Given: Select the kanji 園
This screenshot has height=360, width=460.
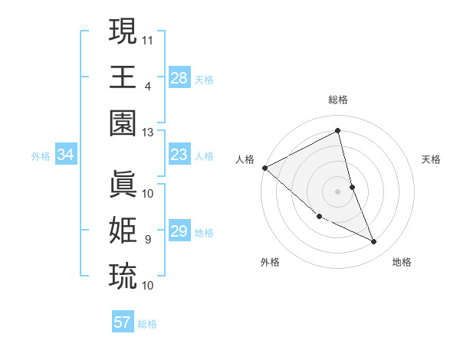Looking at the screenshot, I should (123, 123).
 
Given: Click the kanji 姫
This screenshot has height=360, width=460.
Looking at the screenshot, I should (123, 230).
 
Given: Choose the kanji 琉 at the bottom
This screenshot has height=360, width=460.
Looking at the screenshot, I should (123, 275).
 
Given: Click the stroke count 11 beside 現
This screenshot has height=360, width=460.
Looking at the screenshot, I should (148, 38).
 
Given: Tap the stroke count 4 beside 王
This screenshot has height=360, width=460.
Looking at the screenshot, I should (147, 86).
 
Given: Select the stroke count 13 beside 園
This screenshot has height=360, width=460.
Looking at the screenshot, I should (148, 133).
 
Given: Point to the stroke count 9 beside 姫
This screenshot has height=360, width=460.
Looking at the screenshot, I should (147, 240).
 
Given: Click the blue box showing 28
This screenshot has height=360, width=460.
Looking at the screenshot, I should (179, 77).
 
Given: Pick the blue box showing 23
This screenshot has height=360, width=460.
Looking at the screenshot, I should (179, 155).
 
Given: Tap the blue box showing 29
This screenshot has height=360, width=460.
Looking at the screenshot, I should (179, 231).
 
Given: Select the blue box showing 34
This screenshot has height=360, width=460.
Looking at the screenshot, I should (66, 155).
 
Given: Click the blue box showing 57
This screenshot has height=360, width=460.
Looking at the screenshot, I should (123, 322).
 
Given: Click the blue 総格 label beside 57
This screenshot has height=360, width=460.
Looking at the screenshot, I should (147, 324).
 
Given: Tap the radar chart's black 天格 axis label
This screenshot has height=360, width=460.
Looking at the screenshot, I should (432, 159).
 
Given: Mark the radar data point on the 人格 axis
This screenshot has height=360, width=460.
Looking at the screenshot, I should (264, 168).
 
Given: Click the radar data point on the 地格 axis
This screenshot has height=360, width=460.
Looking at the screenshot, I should (374, 242).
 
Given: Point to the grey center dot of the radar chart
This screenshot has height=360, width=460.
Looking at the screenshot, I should (337, 191).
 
